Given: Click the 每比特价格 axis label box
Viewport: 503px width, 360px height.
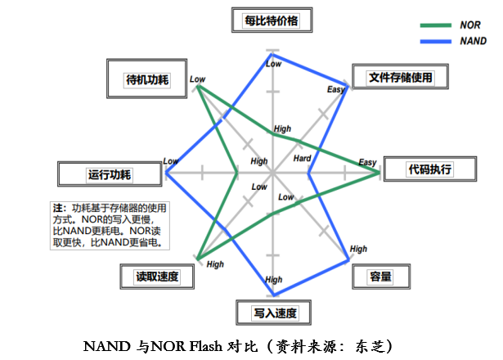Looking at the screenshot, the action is click(x=272, y=20).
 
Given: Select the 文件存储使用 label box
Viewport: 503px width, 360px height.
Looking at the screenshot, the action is click(x=400, y=76).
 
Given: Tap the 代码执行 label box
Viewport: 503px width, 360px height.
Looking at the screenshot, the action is click(x=430, y=169).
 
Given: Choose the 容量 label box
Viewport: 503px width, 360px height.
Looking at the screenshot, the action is click(x=381, y=277).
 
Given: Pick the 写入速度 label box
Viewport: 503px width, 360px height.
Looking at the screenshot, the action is click(x=273, y=313).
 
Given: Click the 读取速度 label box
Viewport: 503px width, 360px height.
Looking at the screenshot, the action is click(x=157, y=277).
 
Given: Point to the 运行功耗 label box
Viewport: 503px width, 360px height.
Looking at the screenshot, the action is click(x=110, y=174).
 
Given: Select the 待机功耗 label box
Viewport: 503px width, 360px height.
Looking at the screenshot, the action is click(x=146, y=79).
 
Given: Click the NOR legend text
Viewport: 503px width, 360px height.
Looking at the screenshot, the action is click(x=470, y=25).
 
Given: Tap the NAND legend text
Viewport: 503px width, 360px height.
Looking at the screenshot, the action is click(x=474, y=41).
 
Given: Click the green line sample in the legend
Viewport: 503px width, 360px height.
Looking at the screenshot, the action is click(x=436, y=25).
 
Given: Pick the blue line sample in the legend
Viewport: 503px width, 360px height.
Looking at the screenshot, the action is click(x=436, y=42).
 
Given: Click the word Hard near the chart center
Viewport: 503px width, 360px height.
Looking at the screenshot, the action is click(x=302, y=158).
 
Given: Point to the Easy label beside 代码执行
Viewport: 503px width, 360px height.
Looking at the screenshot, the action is click(x=367, y=162).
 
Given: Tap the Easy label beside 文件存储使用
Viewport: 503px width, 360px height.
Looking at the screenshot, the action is click(x=336, y=89).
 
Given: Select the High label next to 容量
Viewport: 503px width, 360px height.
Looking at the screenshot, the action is click(x=358, y=249).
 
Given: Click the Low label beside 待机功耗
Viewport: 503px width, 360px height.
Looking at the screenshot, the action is click(x=197, y=79).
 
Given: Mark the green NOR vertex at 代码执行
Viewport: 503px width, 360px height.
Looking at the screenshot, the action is click(x=379, y=173).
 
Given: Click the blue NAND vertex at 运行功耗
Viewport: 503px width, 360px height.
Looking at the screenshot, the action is click(x=166, y=173).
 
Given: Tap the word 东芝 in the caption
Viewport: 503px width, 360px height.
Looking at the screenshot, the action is click(x=370, y=347).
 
